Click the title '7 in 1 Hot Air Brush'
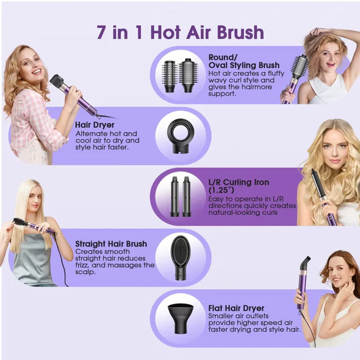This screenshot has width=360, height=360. pyautogui.click(x=180, y=32)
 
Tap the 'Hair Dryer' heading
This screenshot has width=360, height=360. pyautogui.click(x=95, y=125)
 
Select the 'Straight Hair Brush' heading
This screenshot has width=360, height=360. pyautogui.click(x=111, y=244)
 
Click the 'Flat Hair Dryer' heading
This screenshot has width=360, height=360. pyautogui.click(x=236, y=308)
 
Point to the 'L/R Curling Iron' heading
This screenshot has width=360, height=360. pyautogui.click(x=239, y=182)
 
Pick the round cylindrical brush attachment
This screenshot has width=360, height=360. pyautogui.click(x=170, y=76)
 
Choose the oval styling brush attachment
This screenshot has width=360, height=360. pyautogui.click(x=188, y=76)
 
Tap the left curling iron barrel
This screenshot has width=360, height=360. pyautogui.click(x=175, y=197)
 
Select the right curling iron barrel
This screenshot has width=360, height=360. pyautogui.click(x=187, y=197)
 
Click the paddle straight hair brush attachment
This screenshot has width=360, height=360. pyautogui.click(x=181, y=257)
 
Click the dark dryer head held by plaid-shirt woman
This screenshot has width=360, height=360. pyautogui.click(x=58, y=82)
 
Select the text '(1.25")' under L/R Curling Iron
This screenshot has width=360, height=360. pyautogui.click(x=221, y=190)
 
